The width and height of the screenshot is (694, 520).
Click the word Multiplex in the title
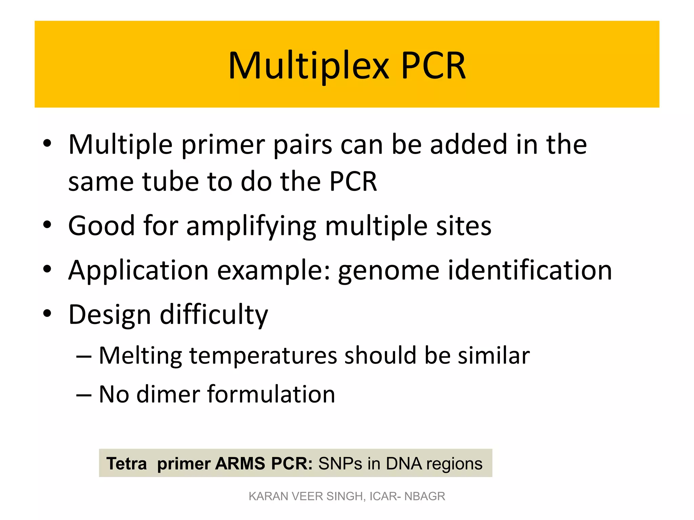pos(308,66)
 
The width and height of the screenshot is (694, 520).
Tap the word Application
pos(138,271)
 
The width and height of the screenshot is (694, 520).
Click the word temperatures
pos(263,356)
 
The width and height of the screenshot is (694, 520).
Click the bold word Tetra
pos(127,463)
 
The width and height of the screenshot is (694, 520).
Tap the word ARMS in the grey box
pos(240,463)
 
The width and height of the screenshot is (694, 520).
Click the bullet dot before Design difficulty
pos(47,313)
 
